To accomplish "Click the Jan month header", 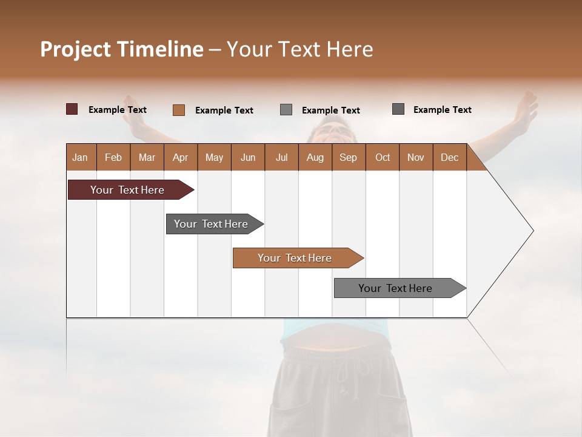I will pos(81,157).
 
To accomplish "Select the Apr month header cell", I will pos(181,157).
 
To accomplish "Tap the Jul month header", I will pos(282,157).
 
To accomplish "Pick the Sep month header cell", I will pos(349,157).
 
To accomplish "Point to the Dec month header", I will pos(449,157).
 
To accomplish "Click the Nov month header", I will pos(416,157).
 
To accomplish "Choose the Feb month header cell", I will pos(113,157).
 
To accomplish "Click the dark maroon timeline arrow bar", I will pos(128,190).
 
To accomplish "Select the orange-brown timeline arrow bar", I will pos(295,258).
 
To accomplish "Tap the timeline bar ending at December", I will pos(396,288).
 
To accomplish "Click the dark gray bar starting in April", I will pos(212,224).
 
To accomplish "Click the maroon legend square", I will pos(72,109).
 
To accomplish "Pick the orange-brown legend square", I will pos(179,110).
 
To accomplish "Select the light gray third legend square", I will pos(286,110).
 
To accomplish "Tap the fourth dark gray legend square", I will pos(398,109).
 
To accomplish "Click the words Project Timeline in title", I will pos(121,49).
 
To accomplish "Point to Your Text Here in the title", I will pos(299,49).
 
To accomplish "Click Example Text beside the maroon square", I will pos(118,110).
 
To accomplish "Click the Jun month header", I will pos(248,157).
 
